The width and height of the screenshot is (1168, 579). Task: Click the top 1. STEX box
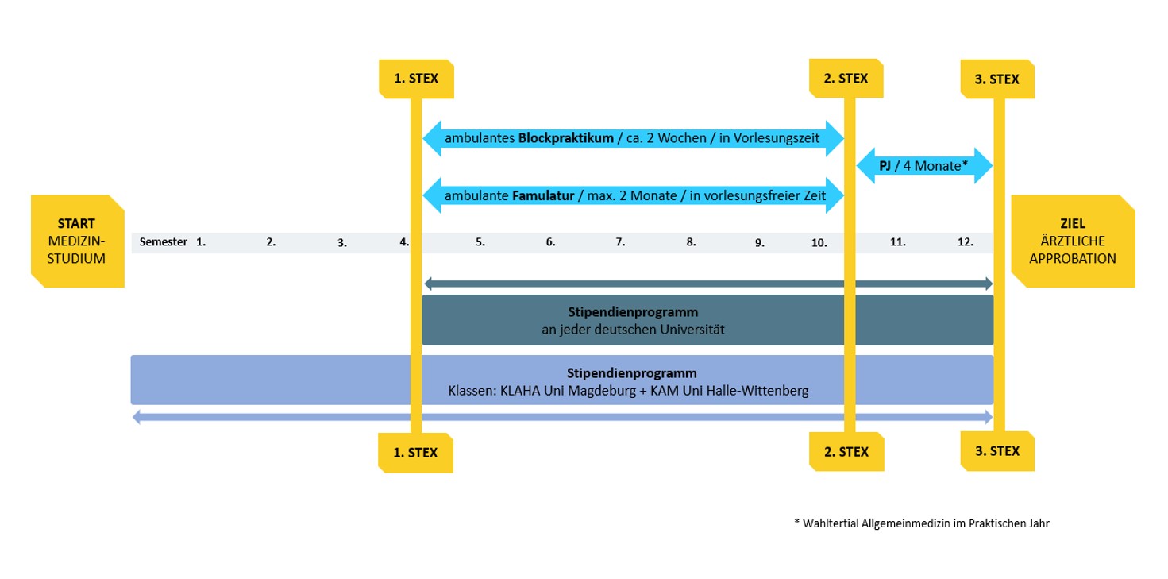tap(415, 79)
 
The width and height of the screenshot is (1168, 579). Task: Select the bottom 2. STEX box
tap(846, 451)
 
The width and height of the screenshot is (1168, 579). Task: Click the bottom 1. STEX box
tap(415, 451)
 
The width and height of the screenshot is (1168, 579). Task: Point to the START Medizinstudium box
tap(78, 241)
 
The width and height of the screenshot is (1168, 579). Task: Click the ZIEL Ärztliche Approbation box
tap(1073, 241)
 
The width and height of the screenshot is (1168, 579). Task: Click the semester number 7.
tap(620, 242)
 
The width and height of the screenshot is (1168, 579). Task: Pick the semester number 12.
tap(966, 242)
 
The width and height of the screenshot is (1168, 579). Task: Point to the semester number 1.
tap(201, 242)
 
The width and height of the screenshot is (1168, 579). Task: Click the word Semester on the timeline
tap(163, 242)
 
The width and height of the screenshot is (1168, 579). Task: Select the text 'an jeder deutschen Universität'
tap(627, 327)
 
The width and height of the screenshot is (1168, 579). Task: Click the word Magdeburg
tap(592, 391)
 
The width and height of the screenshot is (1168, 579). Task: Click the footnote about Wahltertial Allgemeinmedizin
tap(921, 523)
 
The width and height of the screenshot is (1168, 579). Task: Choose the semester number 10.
tap(819, 242)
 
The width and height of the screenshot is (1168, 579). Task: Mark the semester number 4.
tap(405, 242)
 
